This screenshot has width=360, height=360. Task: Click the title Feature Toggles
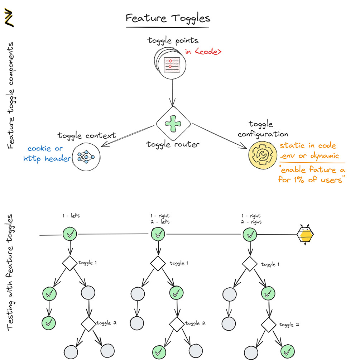click(167, 18)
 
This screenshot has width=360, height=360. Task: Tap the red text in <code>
click(203, 52)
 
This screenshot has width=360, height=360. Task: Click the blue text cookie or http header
click(47, 153)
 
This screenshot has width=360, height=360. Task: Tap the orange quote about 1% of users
click(311, 175)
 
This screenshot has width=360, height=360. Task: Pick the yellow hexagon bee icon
click(305, 235)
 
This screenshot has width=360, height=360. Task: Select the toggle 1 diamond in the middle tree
click(158, 264)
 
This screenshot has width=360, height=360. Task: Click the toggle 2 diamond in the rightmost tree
click(268, 325)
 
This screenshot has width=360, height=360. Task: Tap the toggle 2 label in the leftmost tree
click(107, 323)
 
